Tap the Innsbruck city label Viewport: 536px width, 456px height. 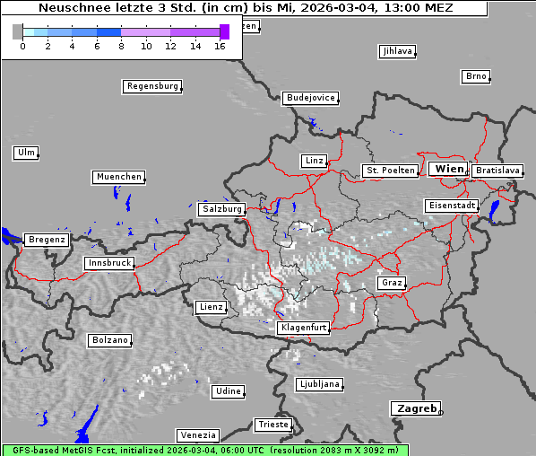(x=109, y=264)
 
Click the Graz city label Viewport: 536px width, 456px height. (x=391, y=283)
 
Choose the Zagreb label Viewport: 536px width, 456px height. (x=415, y=408)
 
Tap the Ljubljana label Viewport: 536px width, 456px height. (x=318, y=384)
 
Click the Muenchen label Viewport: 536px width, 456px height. (x=118, y=178)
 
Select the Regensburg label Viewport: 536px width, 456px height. (x=151, y=87)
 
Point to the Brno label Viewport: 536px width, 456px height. (x=476, y=76)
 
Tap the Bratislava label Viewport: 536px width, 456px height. (x=497, y=171)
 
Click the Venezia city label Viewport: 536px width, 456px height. (x=197, y=434)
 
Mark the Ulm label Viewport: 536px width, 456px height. (x=26, y=153)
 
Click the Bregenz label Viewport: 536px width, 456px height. (x=47, y=241)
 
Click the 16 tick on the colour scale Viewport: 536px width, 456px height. (x=220, y=46)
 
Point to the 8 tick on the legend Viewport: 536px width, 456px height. (x=121, y=46)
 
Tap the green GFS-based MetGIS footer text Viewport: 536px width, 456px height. (x=204, y=450)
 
